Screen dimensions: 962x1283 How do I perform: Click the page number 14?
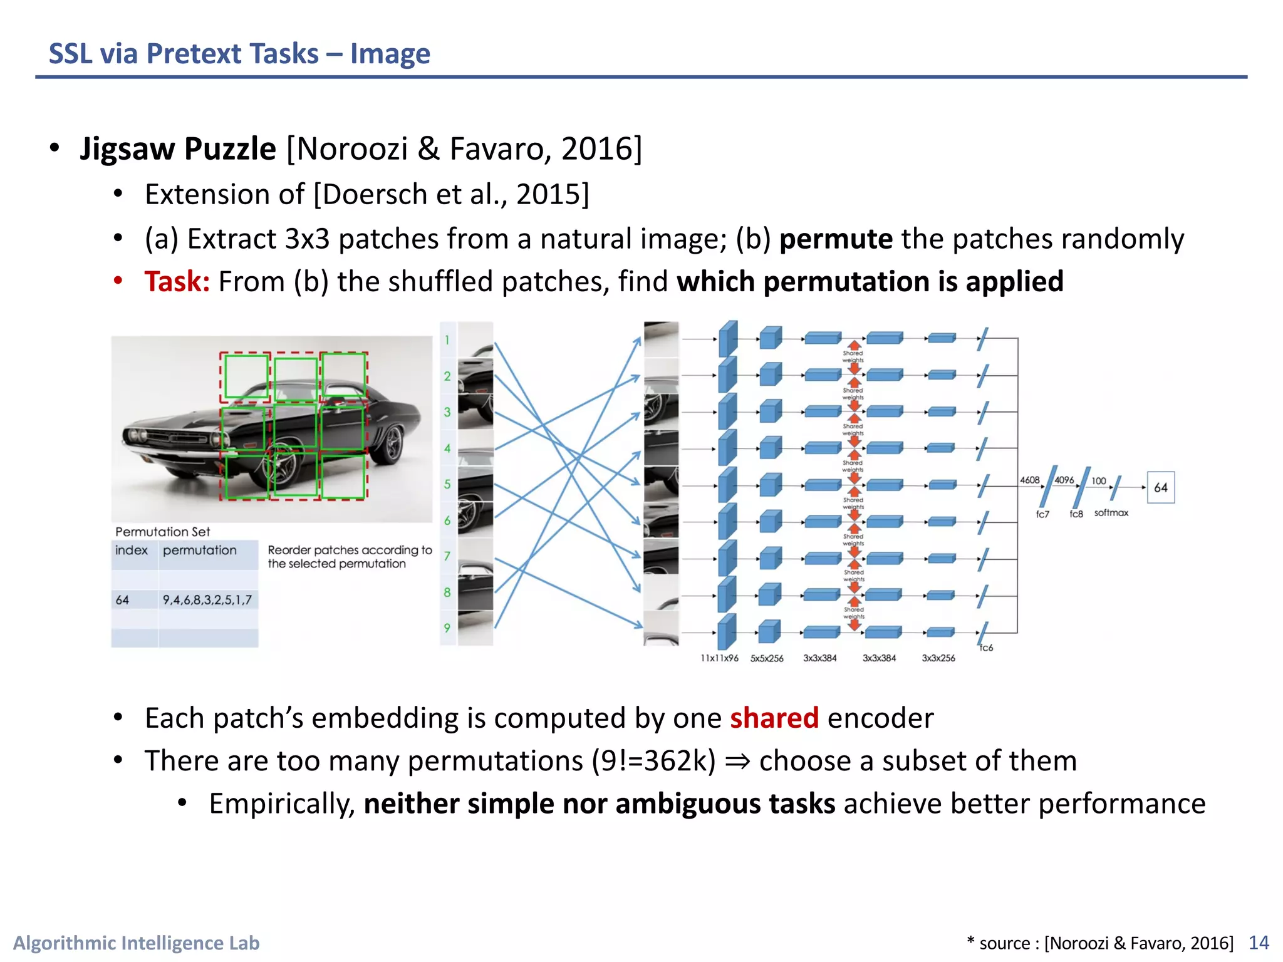point(1259,943)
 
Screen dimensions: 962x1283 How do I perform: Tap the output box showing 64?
point(1160,487)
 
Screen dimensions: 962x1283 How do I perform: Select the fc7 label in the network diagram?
point(1042,514)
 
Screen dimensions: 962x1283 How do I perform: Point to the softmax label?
point(1111,513)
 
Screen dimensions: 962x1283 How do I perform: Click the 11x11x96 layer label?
point(719,658)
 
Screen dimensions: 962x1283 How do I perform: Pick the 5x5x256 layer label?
point(767,658)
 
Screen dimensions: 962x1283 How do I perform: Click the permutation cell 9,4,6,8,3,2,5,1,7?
point(207,600)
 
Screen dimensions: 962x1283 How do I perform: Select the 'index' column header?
point(132,551)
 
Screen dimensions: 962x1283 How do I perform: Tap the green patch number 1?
point(447,340)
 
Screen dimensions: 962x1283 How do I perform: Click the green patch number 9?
point(447,628)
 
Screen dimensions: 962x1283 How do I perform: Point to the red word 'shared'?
point(774,718)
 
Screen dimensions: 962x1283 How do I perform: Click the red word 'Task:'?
point(177,282)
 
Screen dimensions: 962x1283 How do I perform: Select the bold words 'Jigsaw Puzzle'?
point(178,149)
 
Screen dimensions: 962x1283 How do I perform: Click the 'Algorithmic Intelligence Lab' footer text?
point(137,943)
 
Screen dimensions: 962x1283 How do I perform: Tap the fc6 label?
point(986,648)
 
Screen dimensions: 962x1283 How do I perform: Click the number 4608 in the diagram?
point(1029,480)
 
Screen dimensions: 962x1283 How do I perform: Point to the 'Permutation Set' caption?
point(163,532)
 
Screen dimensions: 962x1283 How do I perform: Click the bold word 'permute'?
point(836,239)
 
